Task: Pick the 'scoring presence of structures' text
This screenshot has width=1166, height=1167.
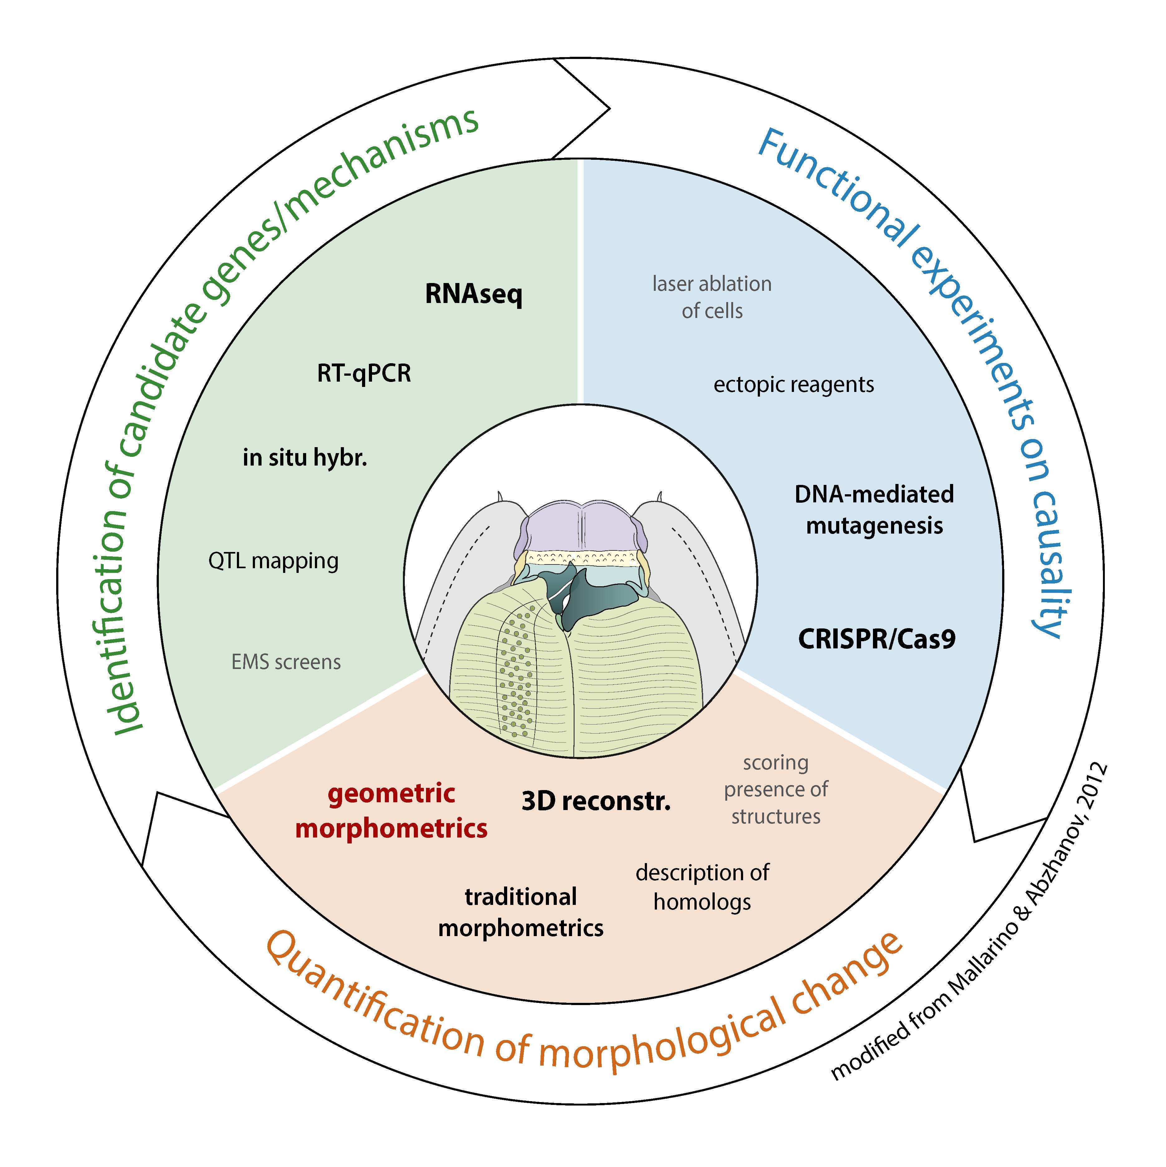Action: pyautogui.click(x=776, y=789)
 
